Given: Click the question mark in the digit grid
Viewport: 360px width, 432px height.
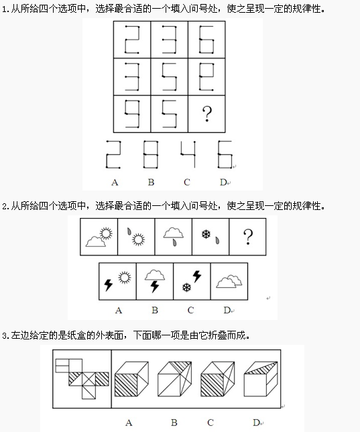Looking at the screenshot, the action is pos(207,114).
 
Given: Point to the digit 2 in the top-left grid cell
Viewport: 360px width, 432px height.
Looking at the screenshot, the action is pos(132,40).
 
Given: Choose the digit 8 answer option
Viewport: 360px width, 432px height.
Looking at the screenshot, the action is pos(150,154).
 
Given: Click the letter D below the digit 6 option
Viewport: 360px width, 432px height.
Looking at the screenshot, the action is pos(223,182).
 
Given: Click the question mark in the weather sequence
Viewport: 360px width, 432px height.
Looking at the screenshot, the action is pos(248,237).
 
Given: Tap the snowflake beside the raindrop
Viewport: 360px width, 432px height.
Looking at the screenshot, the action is pos(206,235).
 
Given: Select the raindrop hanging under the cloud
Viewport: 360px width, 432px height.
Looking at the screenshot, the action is pos(174,242).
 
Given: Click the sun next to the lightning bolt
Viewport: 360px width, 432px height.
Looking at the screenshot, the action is pos(125,278).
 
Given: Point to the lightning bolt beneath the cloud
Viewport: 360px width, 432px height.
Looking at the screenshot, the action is pos(155,286).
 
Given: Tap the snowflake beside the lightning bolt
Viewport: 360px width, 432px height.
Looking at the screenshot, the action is pos(186,288).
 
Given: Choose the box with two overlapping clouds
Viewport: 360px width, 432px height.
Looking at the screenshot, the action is pos(229,281).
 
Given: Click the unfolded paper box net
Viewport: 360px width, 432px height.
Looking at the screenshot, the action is pos(82,379).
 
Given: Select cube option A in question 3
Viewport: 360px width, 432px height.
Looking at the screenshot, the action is pos(131,379).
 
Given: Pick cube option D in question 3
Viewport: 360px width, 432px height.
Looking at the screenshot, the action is pos(261,379).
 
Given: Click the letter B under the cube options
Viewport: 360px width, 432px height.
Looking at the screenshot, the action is pos(174,423).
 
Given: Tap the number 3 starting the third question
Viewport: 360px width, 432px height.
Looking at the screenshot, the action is pos(5,335).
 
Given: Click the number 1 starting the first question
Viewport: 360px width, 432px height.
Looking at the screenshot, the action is pos(5,9).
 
